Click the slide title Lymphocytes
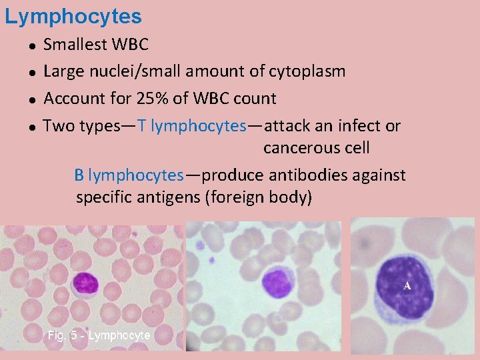[73, 16]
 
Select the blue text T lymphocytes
[192, 126]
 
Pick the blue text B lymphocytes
[129, 175]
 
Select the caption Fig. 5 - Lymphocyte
[99, 335]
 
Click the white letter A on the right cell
[407, 286]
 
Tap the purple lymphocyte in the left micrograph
[85, 283]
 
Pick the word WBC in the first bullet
[130, 45]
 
